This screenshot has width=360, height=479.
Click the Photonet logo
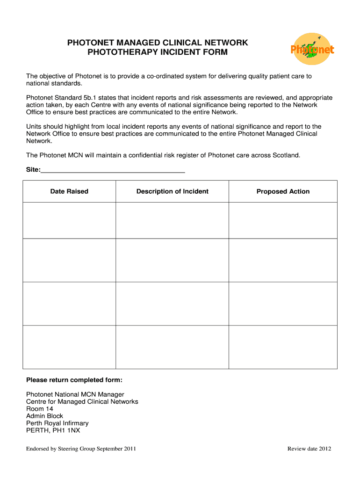[x=312, y=49]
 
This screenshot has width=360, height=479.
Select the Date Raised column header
[x=69, y=191]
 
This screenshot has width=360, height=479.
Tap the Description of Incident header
[x=172, y=191]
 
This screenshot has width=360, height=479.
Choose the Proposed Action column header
[x=283, y=191]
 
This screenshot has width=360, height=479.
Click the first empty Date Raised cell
[x=69, y=220]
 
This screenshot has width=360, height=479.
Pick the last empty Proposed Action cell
[x=283, y=347]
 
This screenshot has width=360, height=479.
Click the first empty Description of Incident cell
[x=172, y=220]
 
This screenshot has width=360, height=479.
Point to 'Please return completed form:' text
[x=74, y=380]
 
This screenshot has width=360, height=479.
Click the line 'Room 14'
[x=40, y=409]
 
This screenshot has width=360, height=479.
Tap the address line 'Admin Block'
[x=44, y=416]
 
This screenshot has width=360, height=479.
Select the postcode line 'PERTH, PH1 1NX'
[x=53, y=430]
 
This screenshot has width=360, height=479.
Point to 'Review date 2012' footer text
[x=309, y=449]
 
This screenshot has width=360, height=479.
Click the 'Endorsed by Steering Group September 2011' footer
[x=81, y=449]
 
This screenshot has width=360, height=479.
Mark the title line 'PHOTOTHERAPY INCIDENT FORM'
[x=158, y=52]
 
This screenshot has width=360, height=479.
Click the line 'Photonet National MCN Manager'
[x=75, y=395]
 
